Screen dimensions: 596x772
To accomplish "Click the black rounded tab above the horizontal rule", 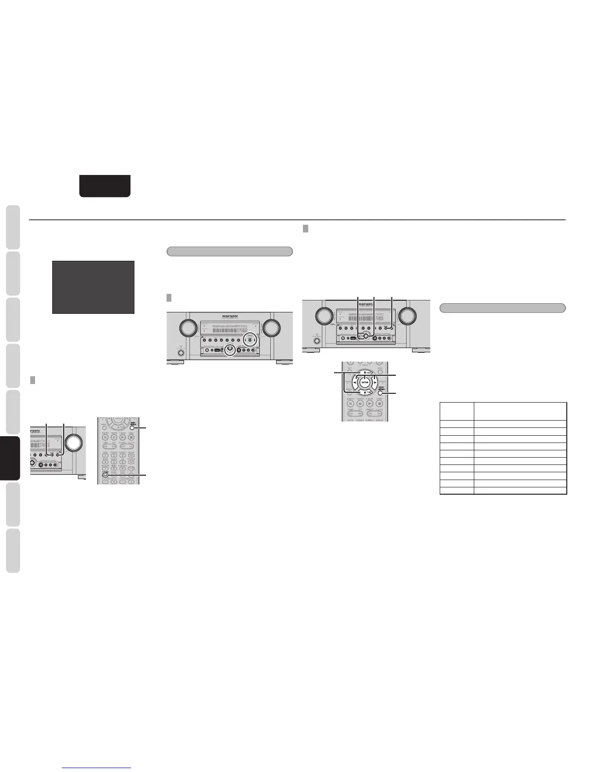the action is click(x=105, y=186).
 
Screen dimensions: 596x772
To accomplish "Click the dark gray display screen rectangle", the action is click(x=93, y=287).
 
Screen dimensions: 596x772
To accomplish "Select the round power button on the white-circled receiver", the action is click(x=181, y=353).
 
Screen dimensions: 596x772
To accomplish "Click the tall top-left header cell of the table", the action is click(x=456, y=411).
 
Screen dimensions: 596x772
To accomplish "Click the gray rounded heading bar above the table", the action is click(x=502, y=308).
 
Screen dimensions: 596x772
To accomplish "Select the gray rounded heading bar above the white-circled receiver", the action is click(x=229, y=251).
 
